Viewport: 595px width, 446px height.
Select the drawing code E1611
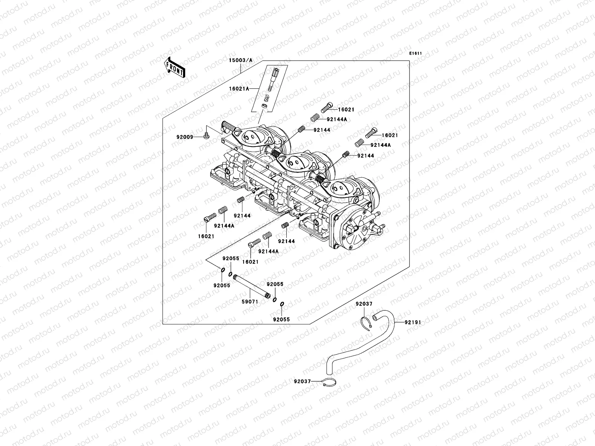[x=415, y=54]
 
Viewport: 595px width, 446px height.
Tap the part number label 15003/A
[x=240, y=60]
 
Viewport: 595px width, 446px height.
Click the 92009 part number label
[x=185, y=137]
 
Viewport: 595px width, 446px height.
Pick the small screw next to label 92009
[x=207, y=135]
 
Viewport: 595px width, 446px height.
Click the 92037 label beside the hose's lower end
[x=302, y=381]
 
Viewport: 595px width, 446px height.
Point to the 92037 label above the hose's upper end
[x=364, y=304]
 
